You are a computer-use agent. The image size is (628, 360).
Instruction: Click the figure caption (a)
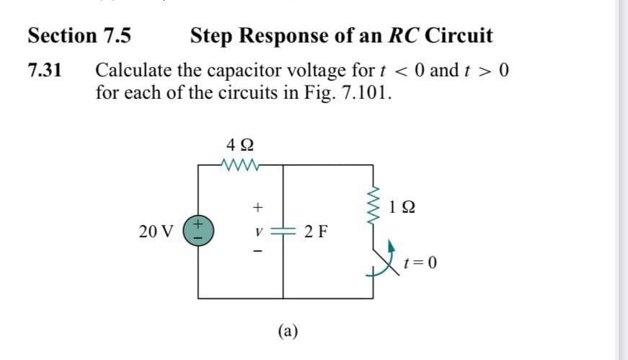288,330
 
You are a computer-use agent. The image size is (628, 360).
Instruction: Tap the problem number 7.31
45,71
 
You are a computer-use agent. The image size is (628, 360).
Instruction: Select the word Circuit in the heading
459,35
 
